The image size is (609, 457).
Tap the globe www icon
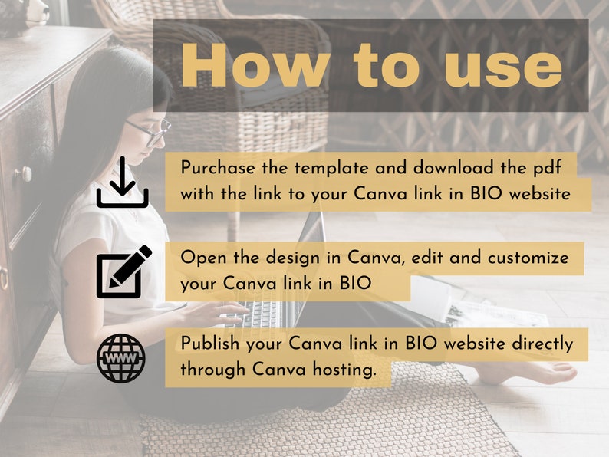click(x=121, y=358)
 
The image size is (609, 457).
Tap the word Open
click(x=199, y=258)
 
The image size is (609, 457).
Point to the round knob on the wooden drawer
click(x=25, y=174)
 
